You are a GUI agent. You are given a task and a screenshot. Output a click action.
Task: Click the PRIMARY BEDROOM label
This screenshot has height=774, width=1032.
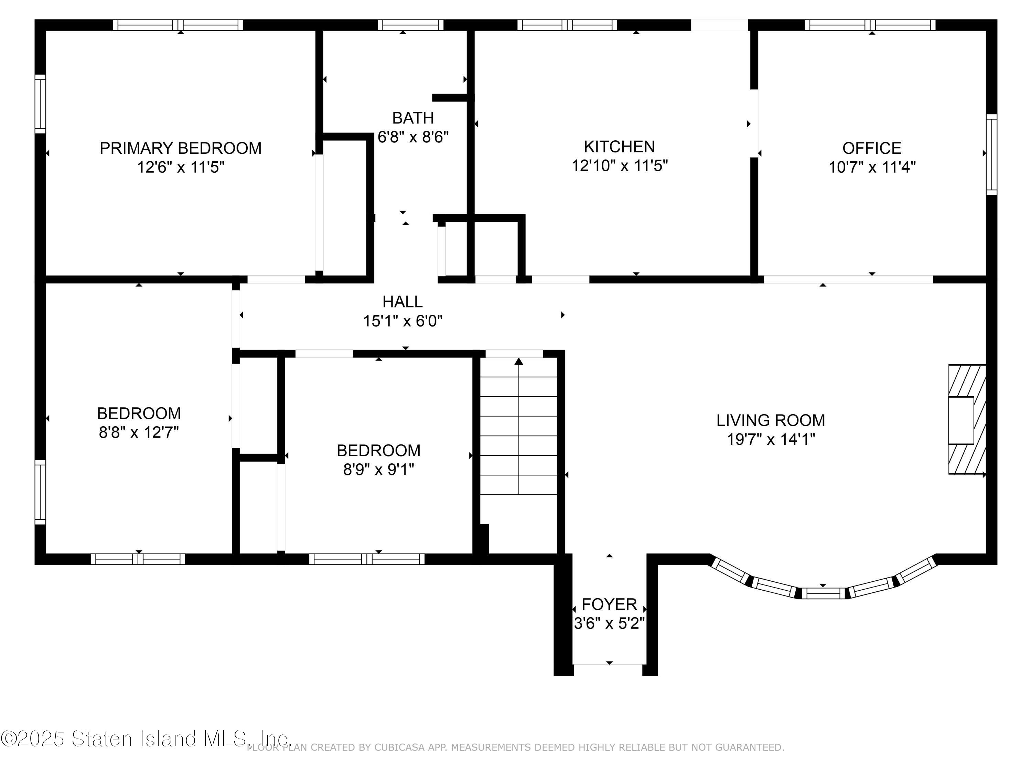[x=181, y=148]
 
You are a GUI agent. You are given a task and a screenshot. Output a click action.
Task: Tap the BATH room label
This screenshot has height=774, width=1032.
[x=413, y=118]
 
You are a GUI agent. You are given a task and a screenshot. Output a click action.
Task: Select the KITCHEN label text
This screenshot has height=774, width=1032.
[x=620, y=147]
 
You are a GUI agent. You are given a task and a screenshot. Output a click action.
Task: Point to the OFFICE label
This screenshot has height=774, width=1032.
[x=871, y=148]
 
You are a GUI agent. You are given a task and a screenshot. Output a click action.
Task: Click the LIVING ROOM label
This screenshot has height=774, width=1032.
[x=771, y=420]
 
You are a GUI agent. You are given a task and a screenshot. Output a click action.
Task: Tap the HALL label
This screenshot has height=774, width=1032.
[x=402, y=302]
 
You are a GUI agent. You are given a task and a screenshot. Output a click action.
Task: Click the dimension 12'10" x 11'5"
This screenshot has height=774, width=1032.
[x=620, y=165]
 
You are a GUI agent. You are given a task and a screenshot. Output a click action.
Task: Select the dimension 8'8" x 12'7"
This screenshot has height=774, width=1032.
[x=139, y=432]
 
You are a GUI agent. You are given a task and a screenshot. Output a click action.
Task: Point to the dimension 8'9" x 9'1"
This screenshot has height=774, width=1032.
[x=378, y=469]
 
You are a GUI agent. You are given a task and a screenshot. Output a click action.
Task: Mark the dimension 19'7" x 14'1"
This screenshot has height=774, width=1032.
[x=771, y=439]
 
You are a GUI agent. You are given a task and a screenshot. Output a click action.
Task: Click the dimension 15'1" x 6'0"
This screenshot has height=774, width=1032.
[x=402, y=321]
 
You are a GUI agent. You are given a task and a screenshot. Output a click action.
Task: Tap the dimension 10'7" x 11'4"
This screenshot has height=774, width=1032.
[x=871, y=167]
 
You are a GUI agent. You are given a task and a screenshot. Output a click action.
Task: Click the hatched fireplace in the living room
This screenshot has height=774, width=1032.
[x=967, y=419]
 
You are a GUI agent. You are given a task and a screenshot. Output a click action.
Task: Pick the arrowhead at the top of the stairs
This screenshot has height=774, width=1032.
[x=519, y=362]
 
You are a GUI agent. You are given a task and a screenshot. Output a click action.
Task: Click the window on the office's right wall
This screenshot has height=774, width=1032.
[x=991, y=154]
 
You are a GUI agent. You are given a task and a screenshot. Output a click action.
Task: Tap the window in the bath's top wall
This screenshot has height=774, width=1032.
[x=410, y=25]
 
